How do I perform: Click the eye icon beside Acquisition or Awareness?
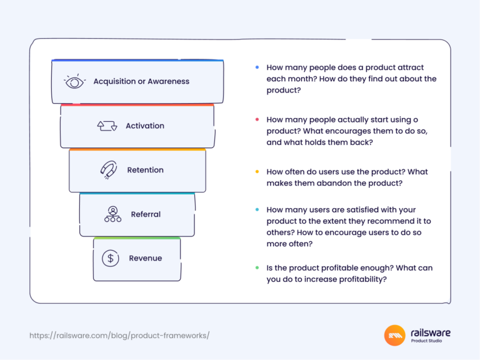click(x=74, y=81)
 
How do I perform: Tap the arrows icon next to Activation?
click(x=107, y=126)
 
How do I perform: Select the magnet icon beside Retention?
click(x=109, y=170)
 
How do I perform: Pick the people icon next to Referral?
click(x=112, y=214)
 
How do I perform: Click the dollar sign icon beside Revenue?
click(x=111, y=258)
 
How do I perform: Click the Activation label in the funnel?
click(x=145, y=126)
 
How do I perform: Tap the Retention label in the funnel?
click(x=145, y=170)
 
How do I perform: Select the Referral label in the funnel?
click(x=146, y=214)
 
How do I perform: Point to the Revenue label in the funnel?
click(x=146, y=258)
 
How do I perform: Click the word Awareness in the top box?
click(x=168, y=81)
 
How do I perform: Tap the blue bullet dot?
click(x=257, y=67)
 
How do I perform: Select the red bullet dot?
click(x=257, y=119)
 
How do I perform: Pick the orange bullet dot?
click(x=257, y=172)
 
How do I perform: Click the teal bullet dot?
click(x=257, y=210)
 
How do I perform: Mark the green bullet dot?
click(x=257, y=268)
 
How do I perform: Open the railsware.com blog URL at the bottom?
click(x=119, y=336)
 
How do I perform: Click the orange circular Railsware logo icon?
click(x=395, y=336)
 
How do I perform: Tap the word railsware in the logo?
click(x=431, y=332)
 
